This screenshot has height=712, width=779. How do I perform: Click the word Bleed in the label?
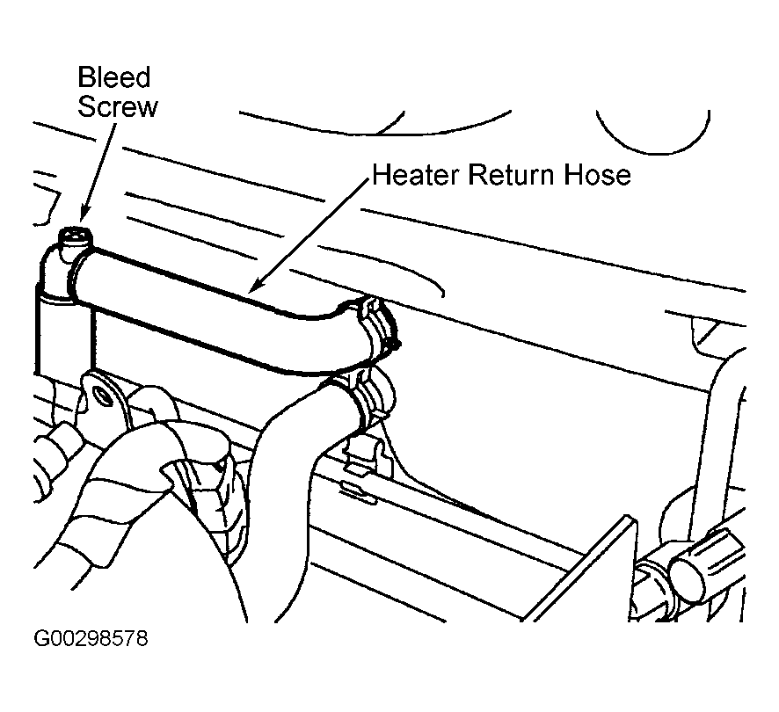(113, 78)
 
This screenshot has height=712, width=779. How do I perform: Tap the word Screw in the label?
(118, 107)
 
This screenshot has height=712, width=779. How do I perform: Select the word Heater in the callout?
(415, 175)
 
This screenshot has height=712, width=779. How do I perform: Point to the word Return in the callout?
(507, 175)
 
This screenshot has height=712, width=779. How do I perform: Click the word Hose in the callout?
(597, 175)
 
